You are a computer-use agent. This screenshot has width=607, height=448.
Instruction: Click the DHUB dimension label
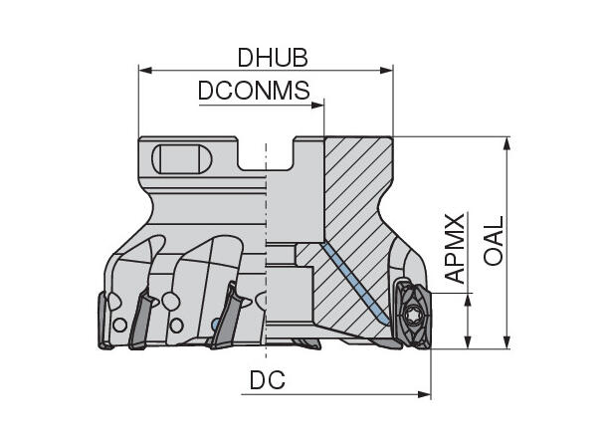[x=273, y=58]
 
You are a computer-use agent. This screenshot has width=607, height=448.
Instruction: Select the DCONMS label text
[x=254, y=91]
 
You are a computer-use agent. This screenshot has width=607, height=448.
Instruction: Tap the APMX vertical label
[x=455, y=248]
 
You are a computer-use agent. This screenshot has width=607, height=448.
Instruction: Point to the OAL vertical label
[x=494, y=241]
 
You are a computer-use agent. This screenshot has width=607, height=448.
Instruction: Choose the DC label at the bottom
[x=268, y=380]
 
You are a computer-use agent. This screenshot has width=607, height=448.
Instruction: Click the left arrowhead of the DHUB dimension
[x=144, y=70]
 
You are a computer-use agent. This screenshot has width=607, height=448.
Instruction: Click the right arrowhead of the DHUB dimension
[x=386, y=70]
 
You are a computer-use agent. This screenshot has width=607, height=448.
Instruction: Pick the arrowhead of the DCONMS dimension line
[x=317, y=105]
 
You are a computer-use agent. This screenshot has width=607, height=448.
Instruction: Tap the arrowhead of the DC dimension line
[x=424, y=394]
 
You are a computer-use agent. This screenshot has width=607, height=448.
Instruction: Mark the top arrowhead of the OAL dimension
[x=506, y=143]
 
